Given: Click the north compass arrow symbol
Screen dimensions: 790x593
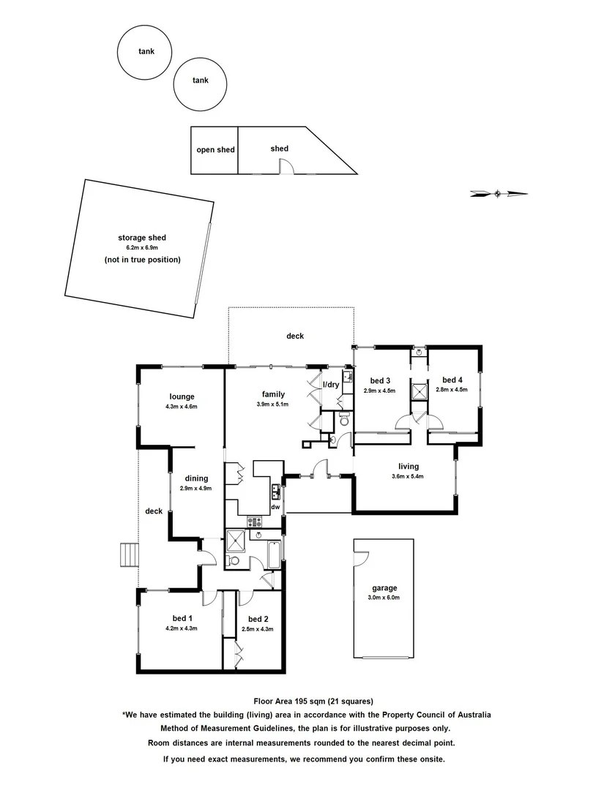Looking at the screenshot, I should (499, 194).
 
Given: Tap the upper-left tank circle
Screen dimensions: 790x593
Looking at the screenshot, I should (145, 52).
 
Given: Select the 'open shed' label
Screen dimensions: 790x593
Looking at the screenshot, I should (215, 150).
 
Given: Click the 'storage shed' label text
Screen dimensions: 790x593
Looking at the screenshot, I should (142, 238).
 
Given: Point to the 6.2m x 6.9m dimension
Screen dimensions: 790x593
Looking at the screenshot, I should (142, 249).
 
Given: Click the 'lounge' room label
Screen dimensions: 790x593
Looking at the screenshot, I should (182, 397).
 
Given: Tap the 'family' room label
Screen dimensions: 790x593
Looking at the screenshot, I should (272, 393).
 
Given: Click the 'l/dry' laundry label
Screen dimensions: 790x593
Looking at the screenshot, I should (331, 385).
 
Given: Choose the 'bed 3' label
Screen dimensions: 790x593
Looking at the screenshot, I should (379, 380).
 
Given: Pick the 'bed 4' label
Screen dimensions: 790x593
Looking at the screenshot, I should (452, 380).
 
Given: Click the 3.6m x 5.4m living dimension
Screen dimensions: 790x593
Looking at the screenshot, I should (409, 477).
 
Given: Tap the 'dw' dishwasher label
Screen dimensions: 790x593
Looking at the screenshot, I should (275, 506).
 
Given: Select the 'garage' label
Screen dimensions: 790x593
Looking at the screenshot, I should (384, 587).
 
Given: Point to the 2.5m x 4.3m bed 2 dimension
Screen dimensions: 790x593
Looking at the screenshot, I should (258, 629).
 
